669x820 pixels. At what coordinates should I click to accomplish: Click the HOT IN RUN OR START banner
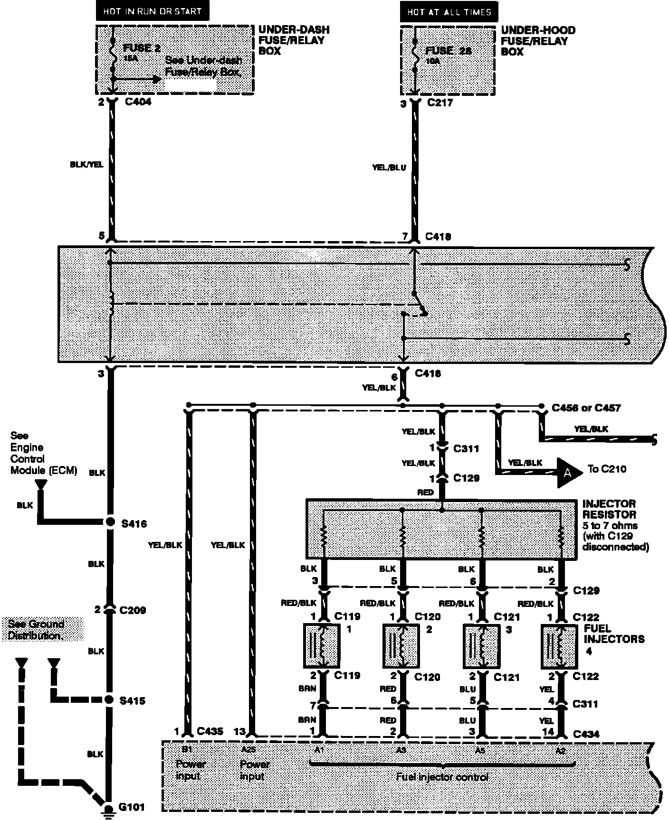153,11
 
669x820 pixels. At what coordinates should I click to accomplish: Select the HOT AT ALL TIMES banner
449,11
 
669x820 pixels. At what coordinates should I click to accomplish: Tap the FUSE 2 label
142,48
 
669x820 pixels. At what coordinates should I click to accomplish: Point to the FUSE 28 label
448,51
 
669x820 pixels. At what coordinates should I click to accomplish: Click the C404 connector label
138,102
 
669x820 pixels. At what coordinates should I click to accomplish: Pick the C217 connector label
440,102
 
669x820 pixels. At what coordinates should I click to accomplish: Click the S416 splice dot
110,522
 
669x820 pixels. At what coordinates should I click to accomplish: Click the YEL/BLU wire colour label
389,167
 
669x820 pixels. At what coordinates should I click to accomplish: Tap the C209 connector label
133,610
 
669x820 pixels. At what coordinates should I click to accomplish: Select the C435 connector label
210,731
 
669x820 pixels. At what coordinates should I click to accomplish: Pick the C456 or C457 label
586,408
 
